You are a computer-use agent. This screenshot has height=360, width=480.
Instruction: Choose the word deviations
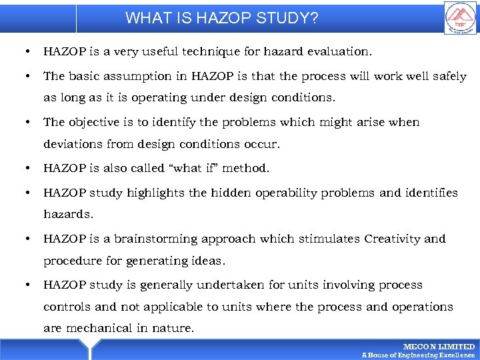coord(73,144)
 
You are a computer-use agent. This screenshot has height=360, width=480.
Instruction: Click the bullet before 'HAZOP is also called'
coord(26,168)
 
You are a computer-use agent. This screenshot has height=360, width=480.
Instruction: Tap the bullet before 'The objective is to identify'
coord(26,122)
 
